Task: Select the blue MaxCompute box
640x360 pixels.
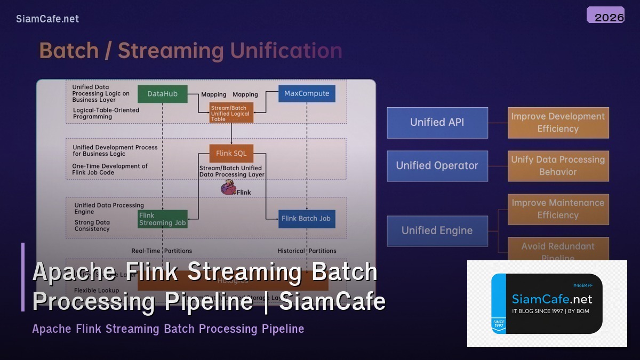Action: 307,93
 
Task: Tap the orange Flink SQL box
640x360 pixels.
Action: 231,154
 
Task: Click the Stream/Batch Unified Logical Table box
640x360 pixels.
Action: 231,113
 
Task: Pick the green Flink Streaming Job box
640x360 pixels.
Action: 163,219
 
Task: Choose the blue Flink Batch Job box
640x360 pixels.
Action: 307,218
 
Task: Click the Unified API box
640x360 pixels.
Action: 437,123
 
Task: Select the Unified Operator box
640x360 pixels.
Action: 437,166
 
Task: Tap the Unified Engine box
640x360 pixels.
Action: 437,231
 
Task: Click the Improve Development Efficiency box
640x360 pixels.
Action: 558,123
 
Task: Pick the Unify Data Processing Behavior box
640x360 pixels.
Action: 558,166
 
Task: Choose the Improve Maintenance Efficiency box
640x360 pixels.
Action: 558,209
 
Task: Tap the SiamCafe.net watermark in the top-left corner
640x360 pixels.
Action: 47,19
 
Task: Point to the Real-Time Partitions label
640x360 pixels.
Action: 162,251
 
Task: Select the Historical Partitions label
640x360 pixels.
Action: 307,251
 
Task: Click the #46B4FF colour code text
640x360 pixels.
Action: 582,285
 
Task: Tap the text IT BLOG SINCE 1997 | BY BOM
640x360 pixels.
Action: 550,311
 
